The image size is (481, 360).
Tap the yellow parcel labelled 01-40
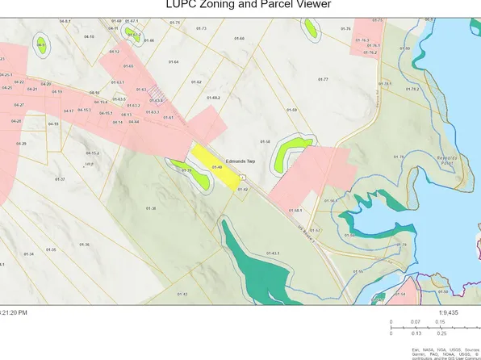pos(215,167)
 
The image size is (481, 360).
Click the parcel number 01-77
pos(323,79)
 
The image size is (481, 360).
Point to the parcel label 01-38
pos(150,208)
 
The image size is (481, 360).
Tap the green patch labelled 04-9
pos(41,46)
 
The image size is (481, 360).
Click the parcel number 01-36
pos(84,245)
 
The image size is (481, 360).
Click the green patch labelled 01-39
pos(186,170)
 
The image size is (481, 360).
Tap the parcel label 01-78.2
pos(412,89)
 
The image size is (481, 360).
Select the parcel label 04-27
pos(19,105)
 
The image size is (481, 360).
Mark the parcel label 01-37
pos(60,178)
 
